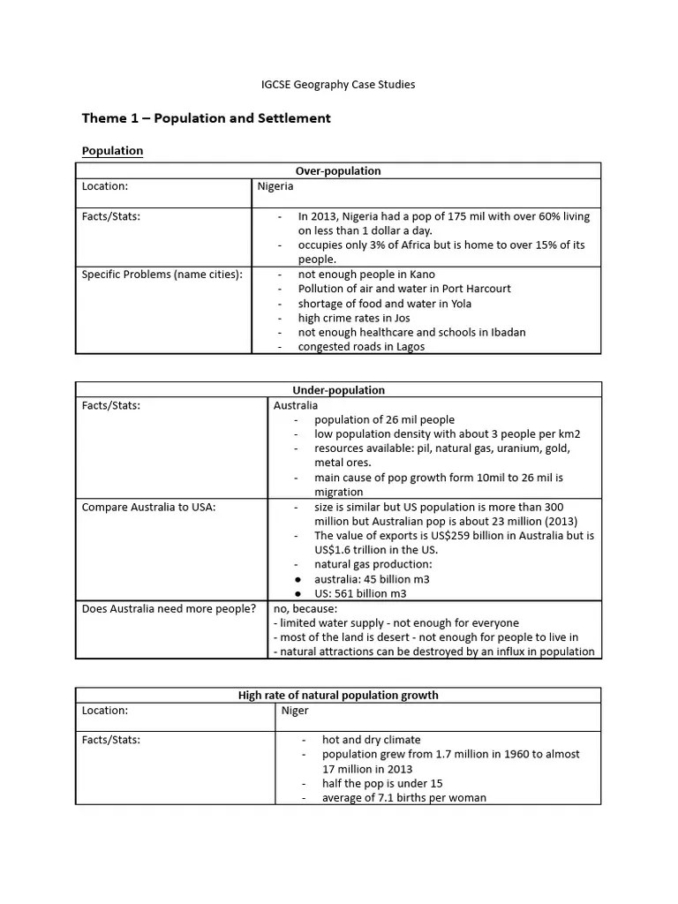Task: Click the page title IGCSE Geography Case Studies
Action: [338, 85]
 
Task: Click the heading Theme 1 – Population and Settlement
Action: [206, 117]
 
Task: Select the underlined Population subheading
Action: [112, 151]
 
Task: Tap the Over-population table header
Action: [338, 170]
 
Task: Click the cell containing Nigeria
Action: [275, 186]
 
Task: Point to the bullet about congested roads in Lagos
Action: [361, 347]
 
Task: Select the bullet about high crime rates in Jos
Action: [354, 318]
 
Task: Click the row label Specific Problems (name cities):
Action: [162, 274]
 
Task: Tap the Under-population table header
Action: [338, 389]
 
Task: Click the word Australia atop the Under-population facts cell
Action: [296, 405]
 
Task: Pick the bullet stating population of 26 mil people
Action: [384, 419]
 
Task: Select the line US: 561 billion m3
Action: [360, 593]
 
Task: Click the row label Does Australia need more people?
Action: [169, 608]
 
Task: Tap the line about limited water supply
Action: [396, 622]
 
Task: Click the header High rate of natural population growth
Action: [338, 695]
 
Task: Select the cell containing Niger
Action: [295, 710]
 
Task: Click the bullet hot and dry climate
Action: [371, 740]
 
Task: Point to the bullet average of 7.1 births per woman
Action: [403, 798]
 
